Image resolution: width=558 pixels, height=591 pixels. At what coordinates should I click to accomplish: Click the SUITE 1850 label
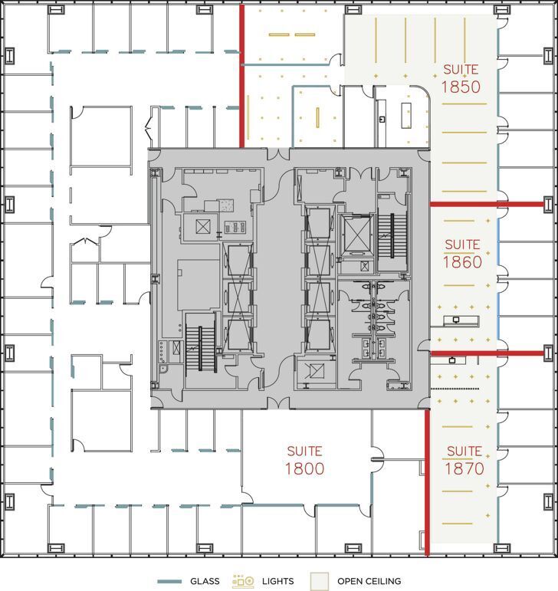460,77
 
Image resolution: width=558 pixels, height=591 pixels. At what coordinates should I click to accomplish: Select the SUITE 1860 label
462,254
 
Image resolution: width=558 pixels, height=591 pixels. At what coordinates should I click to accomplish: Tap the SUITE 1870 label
464,460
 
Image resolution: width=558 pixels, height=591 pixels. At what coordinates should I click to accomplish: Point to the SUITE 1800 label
304,460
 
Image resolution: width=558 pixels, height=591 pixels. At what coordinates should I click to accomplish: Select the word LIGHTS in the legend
277,581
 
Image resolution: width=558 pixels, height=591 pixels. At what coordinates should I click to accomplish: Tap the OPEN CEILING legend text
369,581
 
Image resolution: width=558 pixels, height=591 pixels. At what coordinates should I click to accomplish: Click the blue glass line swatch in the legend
169,581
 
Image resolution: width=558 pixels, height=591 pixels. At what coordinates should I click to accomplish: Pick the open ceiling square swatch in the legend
319,581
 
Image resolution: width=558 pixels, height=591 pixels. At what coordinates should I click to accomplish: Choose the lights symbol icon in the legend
243,581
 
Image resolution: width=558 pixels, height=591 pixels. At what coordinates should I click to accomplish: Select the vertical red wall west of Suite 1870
427,483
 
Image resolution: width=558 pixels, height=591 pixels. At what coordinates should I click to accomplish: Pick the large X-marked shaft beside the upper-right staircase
356,234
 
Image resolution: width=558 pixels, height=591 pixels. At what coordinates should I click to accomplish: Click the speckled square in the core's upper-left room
225,205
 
